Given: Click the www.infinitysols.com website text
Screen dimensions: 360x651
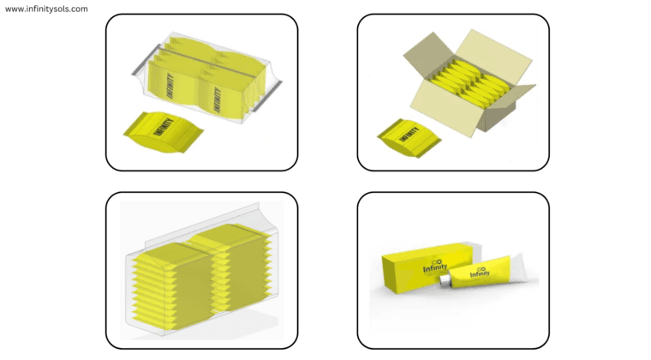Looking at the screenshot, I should (x=46, y=9).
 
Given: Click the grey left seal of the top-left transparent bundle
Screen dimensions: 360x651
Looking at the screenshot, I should (x=138, y=63).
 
